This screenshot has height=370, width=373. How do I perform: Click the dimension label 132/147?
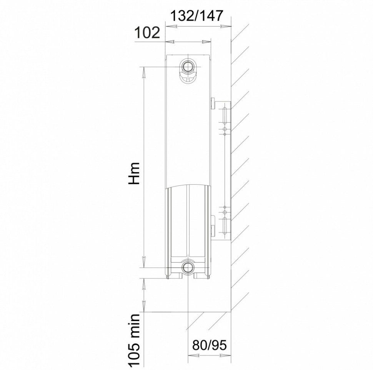(197, 16)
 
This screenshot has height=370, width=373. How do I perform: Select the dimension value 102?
(147, 33)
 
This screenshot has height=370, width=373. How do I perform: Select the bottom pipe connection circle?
(188, 267)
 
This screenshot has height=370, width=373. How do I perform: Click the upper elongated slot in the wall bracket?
(225, 115)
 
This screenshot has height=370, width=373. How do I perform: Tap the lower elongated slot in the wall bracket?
(225, 225)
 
